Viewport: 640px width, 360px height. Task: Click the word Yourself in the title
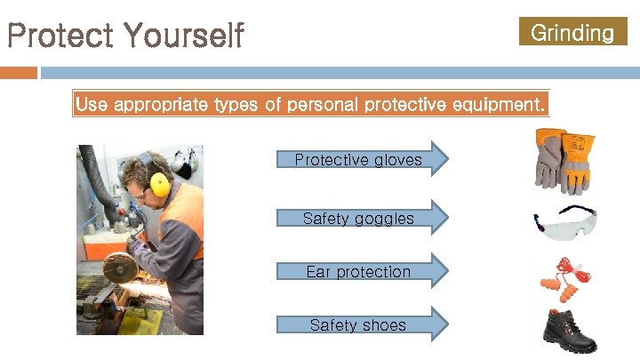184,36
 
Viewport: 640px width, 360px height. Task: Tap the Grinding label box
572,33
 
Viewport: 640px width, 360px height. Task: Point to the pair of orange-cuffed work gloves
564,161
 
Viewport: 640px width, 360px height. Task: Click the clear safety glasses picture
564,225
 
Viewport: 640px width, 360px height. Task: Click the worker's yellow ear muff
160,183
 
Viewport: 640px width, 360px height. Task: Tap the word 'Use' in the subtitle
91,105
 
